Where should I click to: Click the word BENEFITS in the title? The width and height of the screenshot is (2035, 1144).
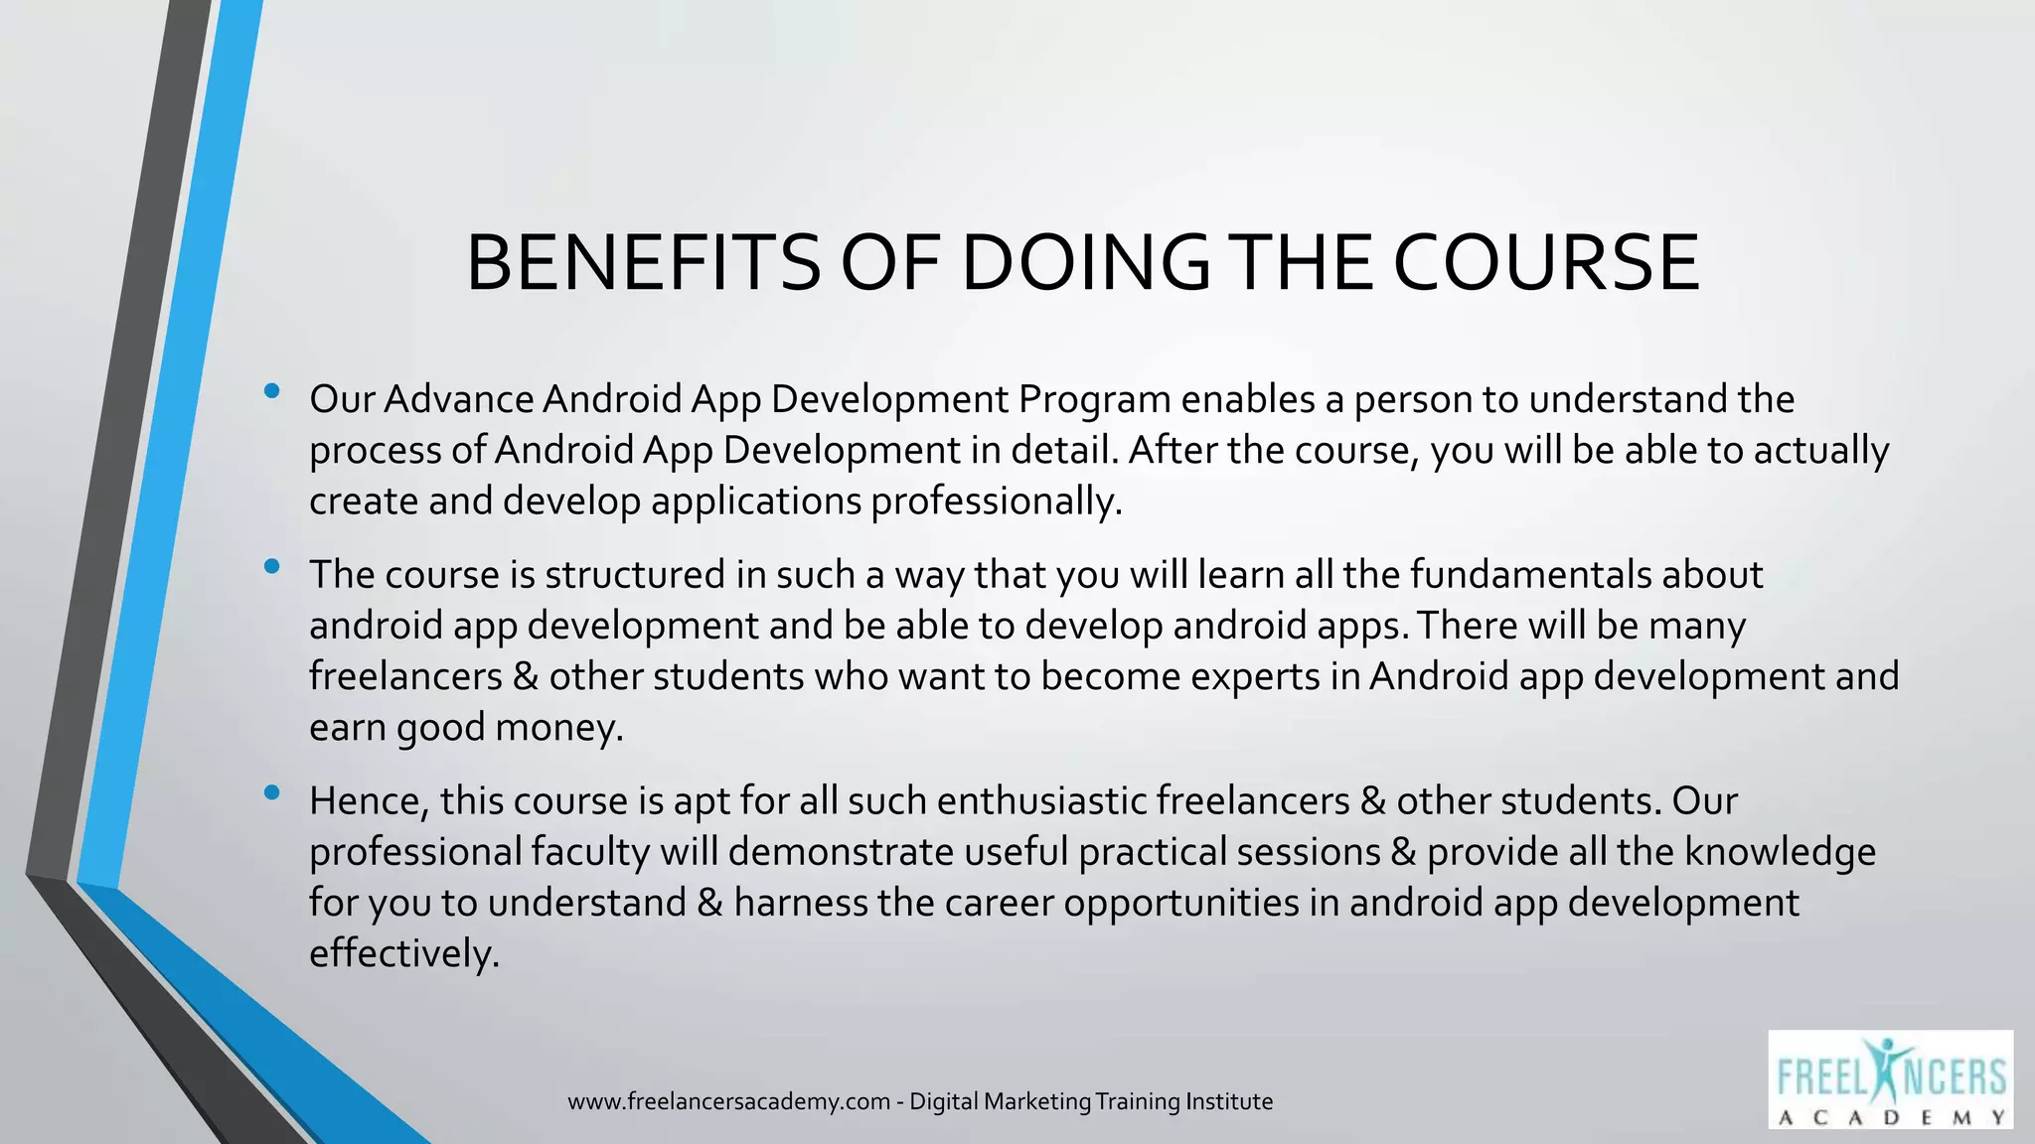(x=643, y=263)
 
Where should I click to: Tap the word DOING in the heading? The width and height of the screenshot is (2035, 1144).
(x=1086, y=263)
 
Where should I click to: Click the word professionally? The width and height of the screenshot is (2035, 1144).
(x=997, y=501)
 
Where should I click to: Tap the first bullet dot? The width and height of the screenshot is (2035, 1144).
(x=272, y=392)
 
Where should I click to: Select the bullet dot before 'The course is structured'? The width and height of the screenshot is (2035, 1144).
(x=272, y=568)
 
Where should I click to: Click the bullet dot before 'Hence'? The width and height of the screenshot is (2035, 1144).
(x=272, y=793)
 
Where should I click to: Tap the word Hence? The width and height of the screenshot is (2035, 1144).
(x=369, y=801)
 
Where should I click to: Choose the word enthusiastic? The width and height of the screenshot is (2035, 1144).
(x=1041, y=801)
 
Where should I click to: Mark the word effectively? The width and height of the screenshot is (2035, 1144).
(x=403, y=954)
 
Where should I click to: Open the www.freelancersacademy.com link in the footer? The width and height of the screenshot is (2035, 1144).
(x=728, y=1102)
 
